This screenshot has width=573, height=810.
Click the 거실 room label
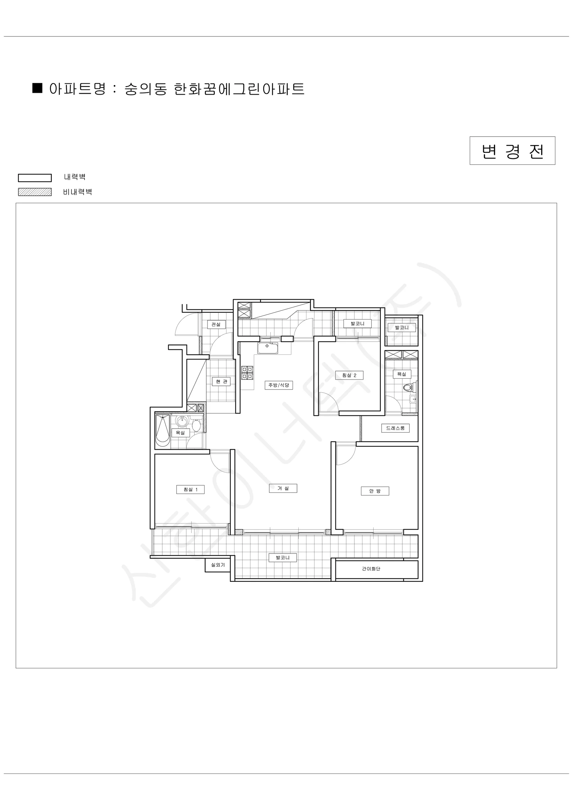click(283, 488)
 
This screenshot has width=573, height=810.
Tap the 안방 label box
click(375, 491)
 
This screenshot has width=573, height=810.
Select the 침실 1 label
click(191, 489)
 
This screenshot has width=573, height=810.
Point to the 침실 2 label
click(349, 375)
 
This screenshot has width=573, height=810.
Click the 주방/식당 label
click(279, 385)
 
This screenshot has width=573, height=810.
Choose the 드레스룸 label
click(395, 428)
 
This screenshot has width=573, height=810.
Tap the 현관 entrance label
click(221, 381)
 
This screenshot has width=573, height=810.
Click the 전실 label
click(216, 324)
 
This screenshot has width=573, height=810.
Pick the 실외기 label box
click(218, 565)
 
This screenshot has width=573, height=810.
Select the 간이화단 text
click(371, 569)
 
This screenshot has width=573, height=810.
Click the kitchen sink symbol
click(268, 348)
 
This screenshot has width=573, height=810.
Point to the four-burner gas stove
click(247, 373)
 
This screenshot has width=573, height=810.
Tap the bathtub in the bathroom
click(163, 430)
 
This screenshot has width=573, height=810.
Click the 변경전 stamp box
click(512, 151)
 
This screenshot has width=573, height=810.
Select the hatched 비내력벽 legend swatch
click(35, 192)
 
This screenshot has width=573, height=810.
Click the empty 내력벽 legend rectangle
click(35, 178)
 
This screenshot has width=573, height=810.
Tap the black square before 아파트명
click(37, 88)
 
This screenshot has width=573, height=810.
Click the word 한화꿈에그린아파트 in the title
click(239, 89)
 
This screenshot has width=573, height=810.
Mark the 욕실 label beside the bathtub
click(181, 433)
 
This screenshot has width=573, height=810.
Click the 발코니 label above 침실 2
click(357, 324)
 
